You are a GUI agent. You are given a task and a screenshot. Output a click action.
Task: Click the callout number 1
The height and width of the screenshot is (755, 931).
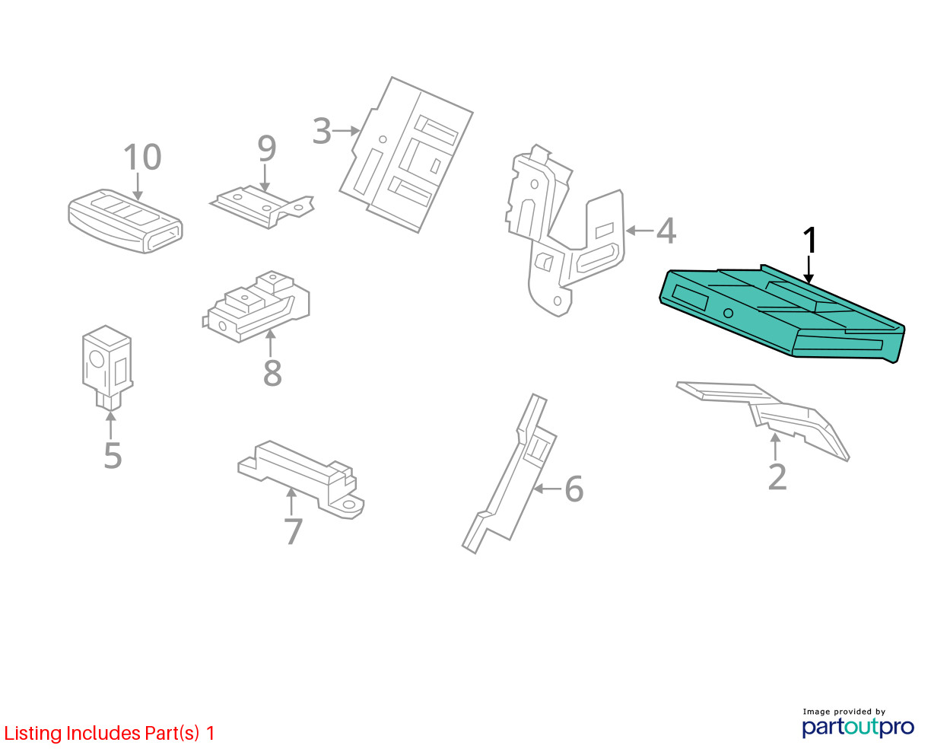[811, 241]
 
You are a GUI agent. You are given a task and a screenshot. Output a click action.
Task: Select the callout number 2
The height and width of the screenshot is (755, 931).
[777, 477]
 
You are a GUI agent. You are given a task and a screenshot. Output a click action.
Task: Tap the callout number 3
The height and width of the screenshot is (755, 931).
[322, 131]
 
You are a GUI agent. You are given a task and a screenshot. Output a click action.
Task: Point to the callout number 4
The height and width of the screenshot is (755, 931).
[666, 231]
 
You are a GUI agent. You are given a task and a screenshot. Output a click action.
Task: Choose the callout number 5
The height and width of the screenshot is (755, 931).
[113, 455]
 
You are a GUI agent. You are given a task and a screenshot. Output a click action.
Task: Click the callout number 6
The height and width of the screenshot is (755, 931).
[574, 489]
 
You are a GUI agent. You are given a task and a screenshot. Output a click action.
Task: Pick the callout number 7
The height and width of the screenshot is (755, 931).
[293, 531]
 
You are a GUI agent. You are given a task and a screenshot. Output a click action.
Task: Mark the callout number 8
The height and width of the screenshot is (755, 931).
[272, 373]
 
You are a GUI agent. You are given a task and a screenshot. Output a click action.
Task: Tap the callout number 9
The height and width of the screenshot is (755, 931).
[266, 149]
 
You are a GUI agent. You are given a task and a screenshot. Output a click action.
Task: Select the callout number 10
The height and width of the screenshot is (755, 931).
[142, 158]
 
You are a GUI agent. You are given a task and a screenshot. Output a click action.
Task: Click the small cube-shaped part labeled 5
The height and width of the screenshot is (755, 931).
[106, 364]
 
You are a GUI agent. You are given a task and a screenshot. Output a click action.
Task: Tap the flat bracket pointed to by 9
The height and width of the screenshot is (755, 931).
[262, 205]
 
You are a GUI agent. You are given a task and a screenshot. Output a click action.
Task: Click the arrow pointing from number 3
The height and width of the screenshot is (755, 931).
[347, 131]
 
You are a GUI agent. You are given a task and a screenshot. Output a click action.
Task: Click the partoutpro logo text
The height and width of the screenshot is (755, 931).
[858, 727]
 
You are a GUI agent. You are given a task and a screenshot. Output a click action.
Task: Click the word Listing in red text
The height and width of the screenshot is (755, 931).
[33, 734]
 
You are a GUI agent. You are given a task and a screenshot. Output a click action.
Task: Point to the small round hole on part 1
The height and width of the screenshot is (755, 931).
[728, 313]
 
